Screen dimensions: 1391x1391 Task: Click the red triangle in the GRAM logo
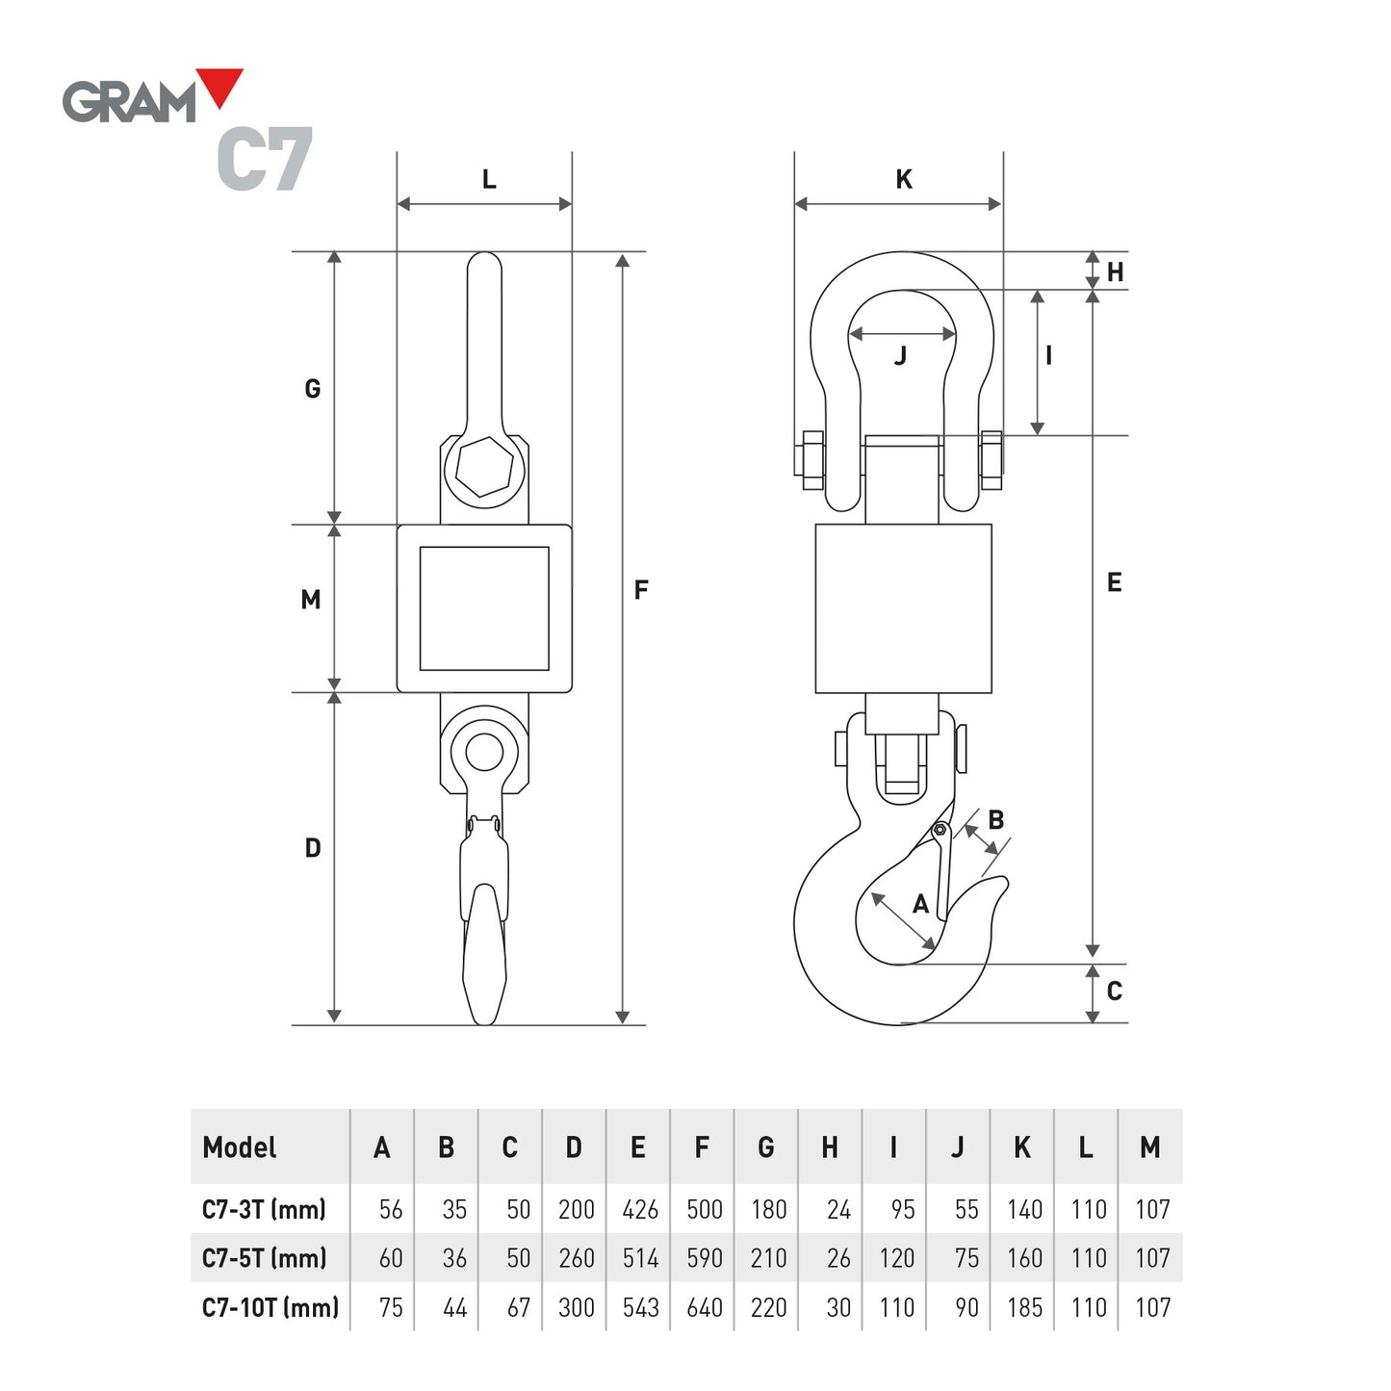click(220, 85)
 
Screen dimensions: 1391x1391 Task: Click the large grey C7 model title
click(265, 160)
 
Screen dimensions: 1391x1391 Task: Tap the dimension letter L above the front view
click(489, 180)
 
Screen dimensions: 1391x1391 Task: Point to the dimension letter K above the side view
click(904, 180)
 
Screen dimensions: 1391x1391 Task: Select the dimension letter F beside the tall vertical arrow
click(641, 590)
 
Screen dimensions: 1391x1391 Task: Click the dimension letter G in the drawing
click(313, 389)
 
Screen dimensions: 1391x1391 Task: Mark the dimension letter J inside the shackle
click(901, 357)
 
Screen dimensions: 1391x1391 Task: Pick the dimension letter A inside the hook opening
click(921, 905)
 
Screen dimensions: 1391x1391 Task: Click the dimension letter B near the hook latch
click(996, 820)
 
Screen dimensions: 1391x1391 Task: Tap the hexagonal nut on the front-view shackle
click(484, 468)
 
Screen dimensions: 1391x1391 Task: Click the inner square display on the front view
click(484, 608)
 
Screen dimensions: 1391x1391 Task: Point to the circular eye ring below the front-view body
click(484, 752)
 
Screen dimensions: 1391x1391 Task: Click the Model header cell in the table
click(240, 1147)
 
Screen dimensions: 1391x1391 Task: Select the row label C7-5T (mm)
click(265, 1258)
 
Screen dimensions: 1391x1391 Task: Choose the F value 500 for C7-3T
click(705, 1210)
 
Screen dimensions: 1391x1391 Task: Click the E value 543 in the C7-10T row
click(640, 1308)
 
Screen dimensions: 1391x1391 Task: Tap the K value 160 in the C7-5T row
click(1024, 1258)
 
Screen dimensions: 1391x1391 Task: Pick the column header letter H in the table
click(830, 1147)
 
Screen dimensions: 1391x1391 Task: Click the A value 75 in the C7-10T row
click(391, 1308)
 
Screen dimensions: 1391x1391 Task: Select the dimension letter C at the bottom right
click(1115, 992)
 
